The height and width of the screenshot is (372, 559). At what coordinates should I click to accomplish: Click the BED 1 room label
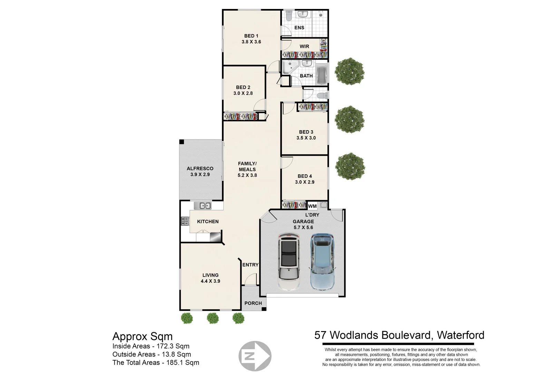(x=251, y=36)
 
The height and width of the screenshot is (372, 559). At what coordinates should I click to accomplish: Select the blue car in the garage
(x=322, y=262)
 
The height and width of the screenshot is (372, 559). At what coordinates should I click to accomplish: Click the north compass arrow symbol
(x=255, y=356)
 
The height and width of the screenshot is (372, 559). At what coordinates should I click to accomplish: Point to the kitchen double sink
(x=202, y=206)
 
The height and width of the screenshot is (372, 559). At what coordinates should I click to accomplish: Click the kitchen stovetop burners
(x=184, y=221)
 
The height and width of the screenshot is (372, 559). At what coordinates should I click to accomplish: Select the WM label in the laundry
(x=312, y=206)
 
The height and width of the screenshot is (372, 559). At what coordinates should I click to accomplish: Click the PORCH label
(x=253, y=303)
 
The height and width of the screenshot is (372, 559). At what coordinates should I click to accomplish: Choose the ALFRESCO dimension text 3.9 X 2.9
(x=200, y=174)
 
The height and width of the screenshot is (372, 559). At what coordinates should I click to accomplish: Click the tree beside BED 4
(x=350, y=167)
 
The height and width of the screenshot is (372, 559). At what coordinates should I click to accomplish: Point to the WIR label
(x=304, y=46)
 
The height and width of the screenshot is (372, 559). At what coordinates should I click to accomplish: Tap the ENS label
(x=299, y=28)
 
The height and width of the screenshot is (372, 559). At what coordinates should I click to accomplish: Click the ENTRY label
(x=250, y=265)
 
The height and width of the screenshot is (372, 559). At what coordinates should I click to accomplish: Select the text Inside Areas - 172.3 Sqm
(x=151, y=346)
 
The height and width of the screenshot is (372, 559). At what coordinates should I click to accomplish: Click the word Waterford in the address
(x=461, y=335)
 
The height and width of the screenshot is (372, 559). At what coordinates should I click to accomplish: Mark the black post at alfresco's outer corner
(x=182, y=142)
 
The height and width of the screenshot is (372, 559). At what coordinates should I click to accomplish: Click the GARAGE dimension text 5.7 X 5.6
(x=303, y=227)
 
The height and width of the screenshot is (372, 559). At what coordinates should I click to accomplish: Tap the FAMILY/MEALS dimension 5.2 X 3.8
(x=247, y=175)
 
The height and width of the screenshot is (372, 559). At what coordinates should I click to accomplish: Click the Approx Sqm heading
(x=142, y=336)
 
